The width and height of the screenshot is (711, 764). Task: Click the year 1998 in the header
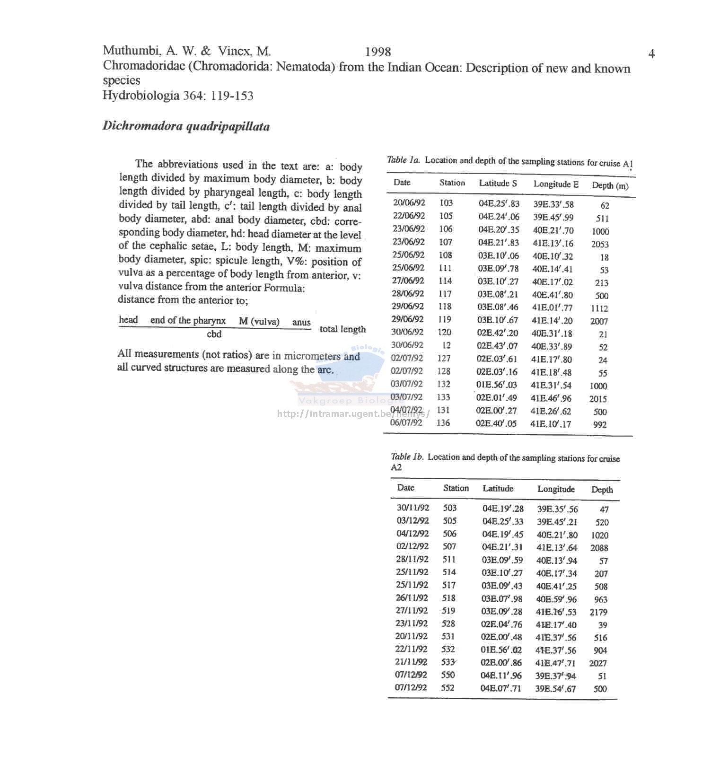(378, 52)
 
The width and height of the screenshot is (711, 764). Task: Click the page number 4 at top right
(651, 54)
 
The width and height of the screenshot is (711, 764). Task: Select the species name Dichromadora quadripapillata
(186, 126)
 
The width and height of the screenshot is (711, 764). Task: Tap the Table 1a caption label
(404, 160)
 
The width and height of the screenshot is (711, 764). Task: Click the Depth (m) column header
(610, 185)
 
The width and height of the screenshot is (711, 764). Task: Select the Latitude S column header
(498, 183)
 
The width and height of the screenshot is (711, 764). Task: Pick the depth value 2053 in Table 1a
(600, 244)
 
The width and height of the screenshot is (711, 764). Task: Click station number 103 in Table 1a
(446, 203)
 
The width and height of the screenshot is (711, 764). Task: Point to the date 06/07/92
(406, 422)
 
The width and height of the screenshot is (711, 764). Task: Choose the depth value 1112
(599, 308)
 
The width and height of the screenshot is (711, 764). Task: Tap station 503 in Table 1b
(450, 508)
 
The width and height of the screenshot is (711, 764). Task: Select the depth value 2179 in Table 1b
(598, 612)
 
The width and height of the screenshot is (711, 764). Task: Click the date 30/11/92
(413, 508)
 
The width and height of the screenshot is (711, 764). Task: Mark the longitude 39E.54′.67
(555, 689)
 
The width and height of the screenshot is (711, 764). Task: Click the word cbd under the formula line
(214, 334)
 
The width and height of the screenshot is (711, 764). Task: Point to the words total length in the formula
(342, 329)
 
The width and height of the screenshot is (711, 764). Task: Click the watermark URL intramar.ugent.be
(353, 414)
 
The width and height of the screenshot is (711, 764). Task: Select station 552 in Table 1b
(448, 688)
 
